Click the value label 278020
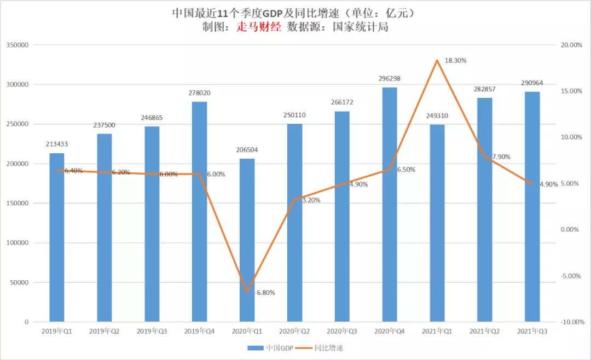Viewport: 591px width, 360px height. coord(199,93)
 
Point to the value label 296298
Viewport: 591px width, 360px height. coord(390,79)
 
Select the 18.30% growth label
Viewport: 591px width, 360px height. coord(455,61)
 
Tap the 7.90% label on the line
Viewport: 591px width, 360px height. coord(501,157)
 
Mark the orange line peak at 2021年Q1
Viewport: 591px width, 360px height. coord(437,60)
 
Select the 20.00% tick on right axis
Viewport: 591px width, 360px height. coord(571,45)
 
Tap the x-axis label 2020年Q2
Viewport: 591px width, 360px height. coord(294,331)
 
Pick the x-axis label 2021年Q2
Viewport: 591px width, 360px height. coord(484,331)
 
